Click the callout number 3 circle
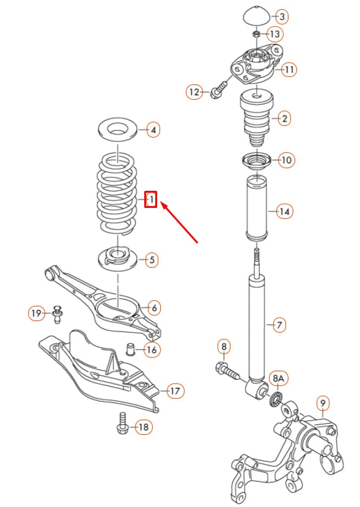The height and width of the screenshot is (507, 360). (282, 16)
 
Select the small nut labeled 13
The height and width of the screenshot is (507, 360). (257, 33)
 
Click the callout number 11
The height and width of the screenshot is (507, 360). (288, 70)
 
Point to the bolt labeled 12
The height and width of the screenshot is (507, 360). (218, 91)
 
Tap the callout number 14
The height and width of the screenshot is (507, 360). (284, 212)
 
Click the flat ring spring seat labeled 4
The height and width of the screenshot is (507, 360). (116, 130)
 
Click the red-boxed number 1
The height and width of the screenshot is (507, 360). (150, 199)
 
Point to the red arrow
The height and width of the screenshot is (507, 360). (180, 224)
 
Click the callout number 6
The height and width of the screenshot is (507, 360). (153, 308)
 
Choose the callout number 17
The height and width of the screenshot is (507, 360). (175, 390)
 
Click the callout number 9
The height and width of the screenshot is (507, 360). (323, 403)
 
